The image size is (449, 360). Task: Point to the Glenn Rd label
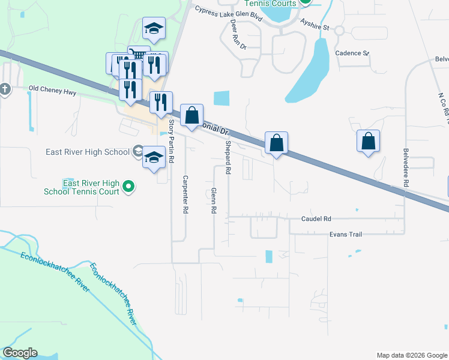point(213,201)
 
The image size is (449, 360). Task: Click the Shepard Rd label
point(228,158)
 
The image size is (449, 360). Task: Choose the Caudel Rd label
point(316,219)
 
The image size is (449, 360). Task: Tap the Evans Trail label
point(344,235)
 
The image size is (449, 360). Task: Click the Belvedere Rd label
point(406,168)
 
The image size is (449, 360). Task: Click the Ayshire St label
point(315,27)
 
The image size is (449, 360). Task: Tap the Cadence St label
point(352,53)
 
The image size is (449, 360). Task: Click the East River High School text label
point(88,152)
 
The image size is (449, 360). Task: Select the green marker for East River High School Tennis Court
point(128,188)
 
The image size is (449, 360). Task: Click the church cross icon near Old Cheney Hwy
point(5,89)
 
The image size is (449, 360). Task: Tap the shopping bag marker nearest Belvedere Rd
point(369,142)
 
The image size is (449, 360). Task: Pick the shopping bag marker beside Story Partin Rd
point(191,115)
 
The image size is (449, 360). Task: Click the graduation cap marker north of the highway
point(154,28)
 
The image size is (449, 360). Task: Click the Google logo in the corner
point(20,353)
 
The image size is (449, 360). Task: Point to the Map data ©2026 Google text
point(411,355)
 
